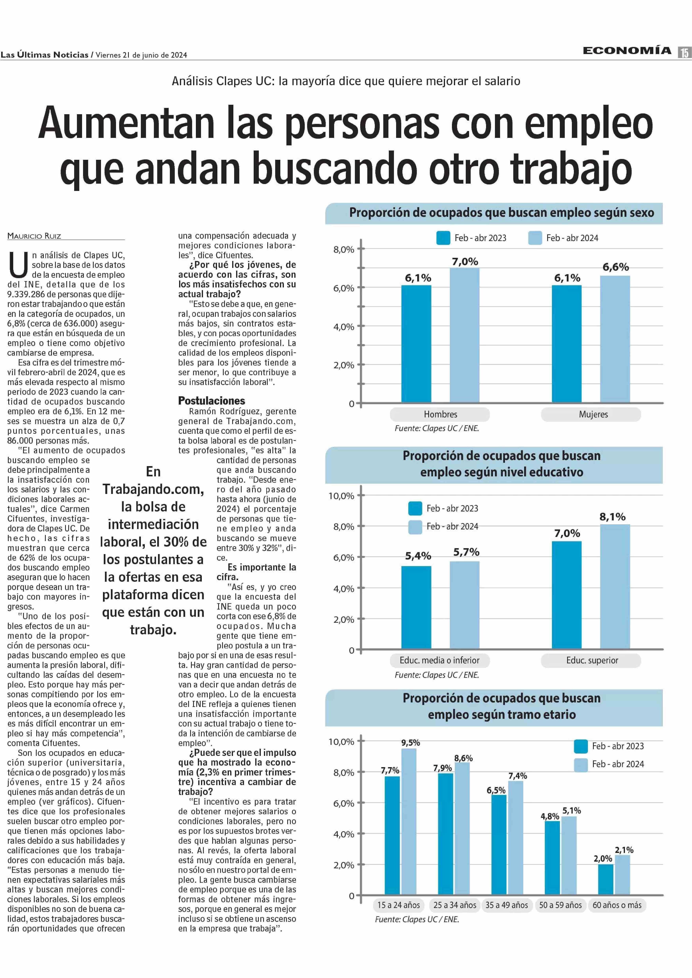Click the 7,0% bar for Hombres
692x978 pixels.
pyautogui.click(x=465, y=335)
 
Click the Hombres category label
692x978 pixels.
pyautogui.click(x=440, y=414)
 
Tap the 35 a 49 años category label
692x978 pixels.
pyautogui.click(x=507, y=905)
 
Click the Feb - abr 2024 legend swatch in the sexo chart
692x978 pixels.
pyautogui.click(x=535, y=238)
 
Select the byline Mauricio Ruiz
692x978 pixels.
pyautogui.click(x=34, y=236)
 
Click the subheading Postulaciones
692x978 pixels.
pyautogui.click(x=211, y=401)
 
